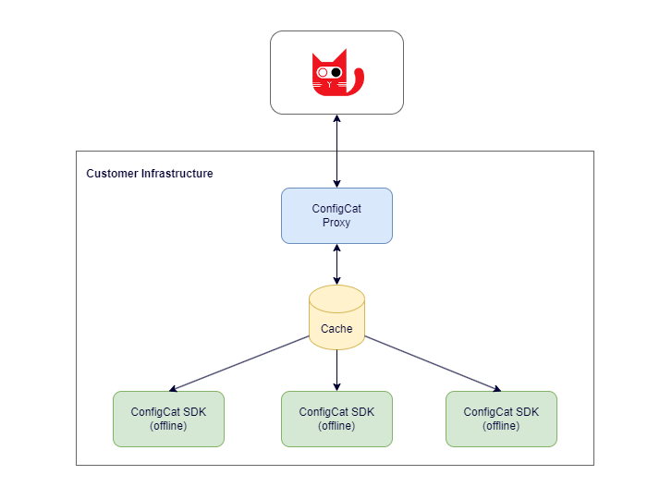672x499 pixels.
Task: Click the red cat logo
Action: [x=334, y=73]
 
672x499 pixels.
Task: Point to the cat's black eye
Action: [x=336, y=72]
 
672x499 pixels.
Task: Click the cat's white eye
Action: [x=324, y=72]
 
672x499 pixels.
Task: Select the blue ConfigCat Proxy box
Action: [x=336, y=215]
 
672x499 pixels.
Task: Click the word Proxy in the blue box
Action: [x=336, y=223]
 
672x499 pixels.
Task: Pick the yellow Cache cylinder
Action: [x=336, y=319]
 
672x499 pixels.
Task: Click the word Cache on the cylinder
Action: [x=336, y=329]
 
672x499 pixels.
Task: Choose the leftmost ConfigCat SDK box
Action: [x=168, y=419]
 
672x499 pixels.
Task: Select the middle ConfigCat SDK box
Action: [x=336, y=419]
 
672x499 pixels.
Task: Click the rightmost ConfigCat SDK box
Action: [x=501, y=419]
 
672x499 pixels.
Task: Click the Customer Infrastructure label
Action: [x=150, y=174]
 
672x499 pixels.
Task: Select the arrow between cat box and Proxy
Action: [x=336, y=151]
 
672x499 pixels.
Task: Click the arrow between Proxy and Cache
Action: [x=336, y=264]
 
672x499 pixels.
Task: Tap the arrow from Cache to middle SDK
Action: [x=336, y=371]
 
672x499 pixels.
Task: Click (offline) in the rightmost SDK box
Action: [x=501, y=426]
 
